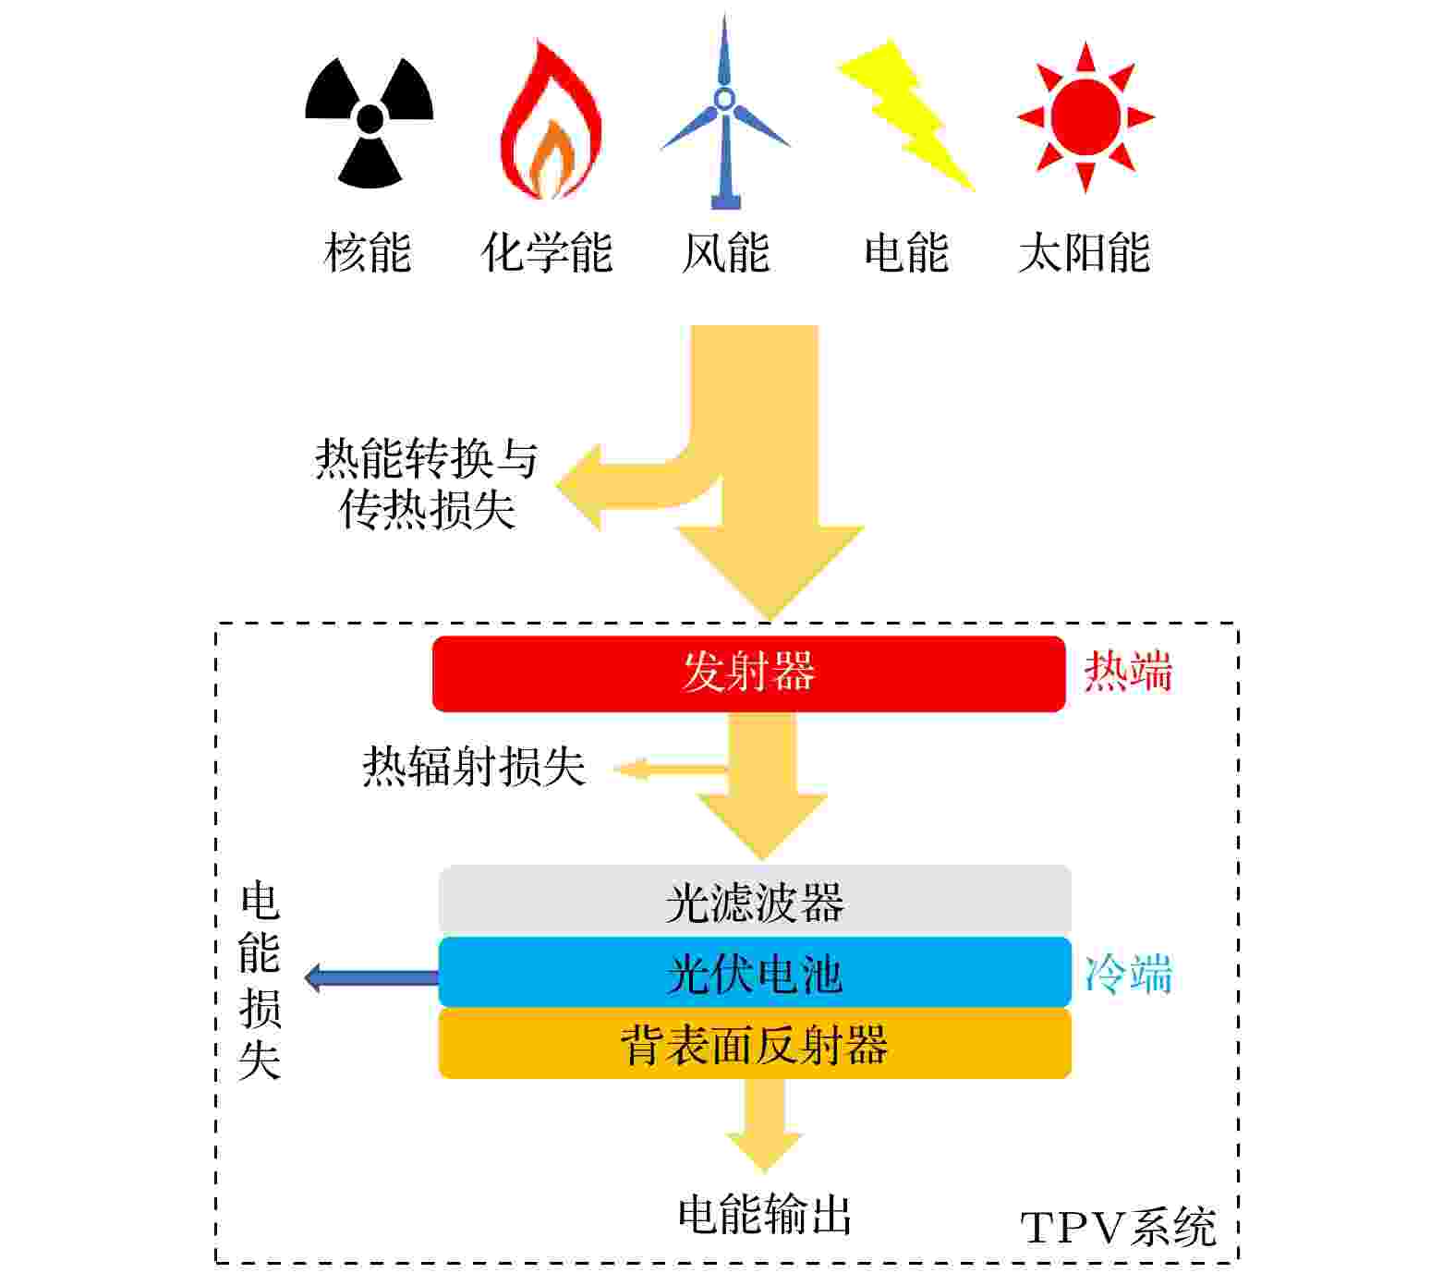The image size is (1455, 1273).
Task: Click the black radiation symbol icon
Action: (369, 120)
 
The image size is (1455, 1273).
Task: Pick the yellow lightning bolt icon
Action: (906, 115)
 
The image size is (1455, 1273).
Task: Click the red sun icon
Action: (1085, 117)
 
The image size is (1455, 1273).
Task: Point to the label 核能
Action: (368, 252)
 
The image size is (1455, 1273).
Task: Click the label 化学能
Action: (547, 252)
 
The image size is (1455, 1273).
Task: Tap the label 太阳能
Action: (1085, 252)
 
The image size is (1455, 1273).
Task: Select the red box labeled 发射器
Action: (749, 673)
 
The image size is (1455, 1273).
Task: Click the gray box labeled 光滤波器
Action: (755, 901)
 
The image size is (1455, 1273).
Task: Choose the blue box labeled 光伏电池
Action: (755, 972)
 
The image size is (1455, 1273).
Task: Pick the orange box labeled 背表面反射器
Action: (755, 1043)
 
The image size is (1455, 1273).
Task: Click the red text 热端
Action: (1127, 672)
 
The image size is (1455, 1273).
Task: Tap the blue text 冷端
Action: (1128, 974)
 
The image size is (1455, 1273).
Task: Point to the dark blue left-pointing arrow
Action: (371, 976)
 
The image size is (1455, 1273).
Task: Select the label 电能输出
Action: (764, 1215)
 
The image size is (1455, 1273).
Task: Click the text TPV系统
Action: (1118, 1228)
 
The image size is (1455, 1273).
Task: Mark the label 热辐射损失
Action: (474, 767)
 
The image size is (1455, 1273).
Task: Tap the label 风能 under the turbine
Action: (725, 252)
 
